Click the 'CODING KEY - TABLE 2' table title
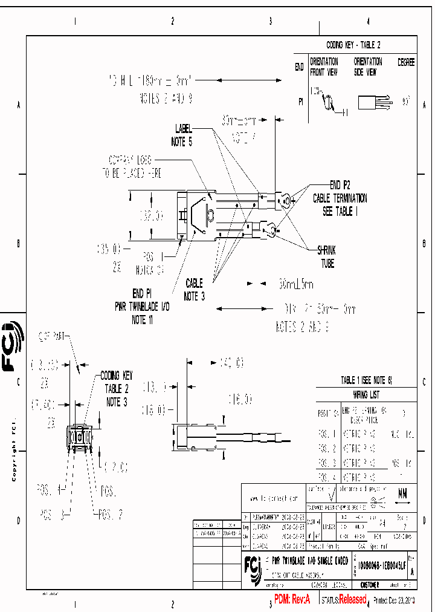pos(353,45)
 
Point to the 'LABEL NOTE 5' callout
pos(184,135)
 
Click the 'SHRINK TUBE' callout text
pos(327,256)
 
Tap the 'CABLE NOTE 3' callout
pos(195,289)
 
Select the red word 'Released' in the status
pos(352,599)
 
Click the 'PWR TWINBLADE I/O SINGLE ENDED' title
pos(309,561)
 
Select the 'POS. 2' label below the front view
pos(112,514)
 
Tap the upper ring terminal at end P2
pos(283,197)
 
